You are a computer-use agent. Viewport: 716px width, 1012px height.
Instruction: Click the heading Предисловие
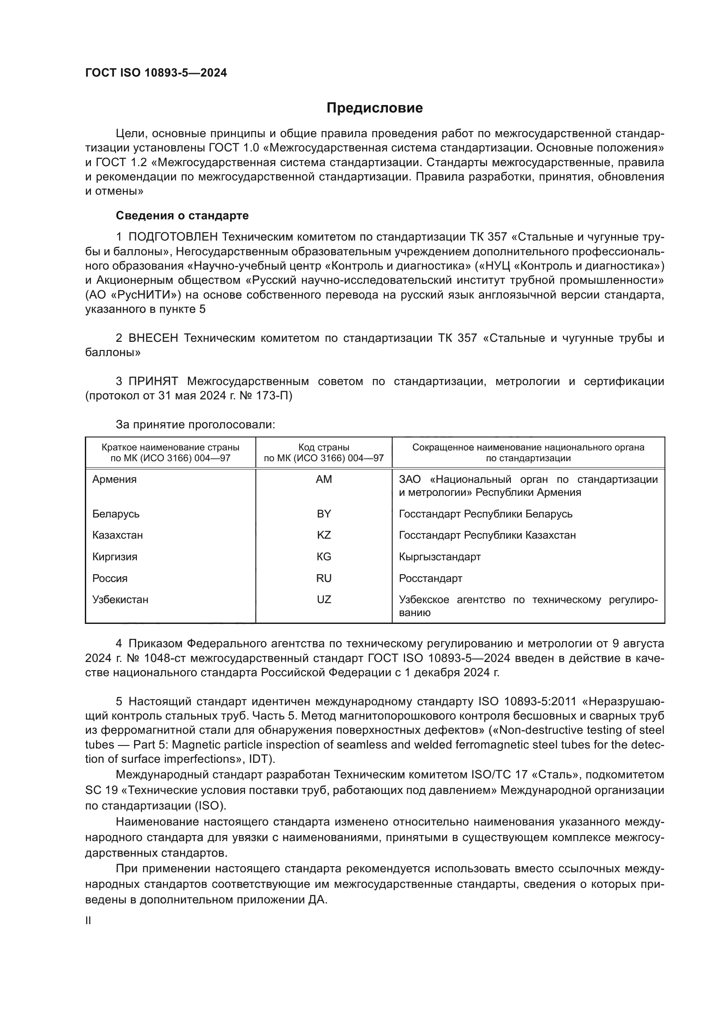pos(374,108)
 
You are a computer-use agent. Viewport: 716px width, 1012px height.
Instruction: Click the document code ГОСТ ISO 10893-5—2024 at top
pos(156,73)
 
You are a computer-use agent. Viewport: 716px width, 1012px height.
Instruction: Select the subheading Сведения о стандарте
pos(182,215)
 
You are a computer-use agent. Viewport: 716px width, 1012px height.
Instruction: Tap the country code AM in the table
pos(324,479)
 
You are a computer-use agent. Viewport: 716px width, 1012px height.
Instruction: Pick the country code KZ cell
pos(324,535)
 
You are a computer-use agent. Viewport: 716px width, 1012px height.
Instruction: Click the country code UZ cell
pos(324,599)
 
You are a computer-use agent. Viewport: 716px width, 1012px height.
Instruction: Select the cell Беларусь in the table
pos(116,514)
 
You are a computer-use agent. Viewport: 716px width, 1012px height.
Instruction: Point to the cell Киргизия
pos(115,557)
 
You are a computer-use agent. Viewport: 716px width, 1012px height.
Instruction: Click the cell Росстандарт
pos(430,578)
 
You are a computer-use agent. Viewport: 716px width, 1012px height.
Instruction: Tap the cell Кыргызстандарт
pos(439,557)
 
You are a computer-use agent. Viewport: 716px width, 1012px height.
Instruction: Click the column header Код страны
pos(324,447)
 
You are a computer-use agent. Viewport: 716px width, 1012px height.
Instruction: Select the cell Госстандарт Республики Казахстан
pos(487,535)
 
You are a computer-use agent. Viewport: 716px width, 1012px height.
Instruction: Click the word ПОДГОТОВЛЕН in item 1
pos(173,237)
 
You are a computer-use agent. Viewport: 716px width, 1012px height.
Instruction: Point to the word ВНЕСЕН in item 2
pos(153,338)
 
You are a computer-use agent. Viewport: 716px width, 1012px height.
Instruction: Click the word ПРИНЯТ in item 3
pos(153,381)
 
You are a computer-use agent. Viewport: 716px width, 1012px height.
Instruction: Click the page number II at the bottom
pos(88,920)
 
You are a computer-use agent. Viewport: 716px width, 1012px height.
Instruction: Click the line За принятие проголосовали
pos(195,424)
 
